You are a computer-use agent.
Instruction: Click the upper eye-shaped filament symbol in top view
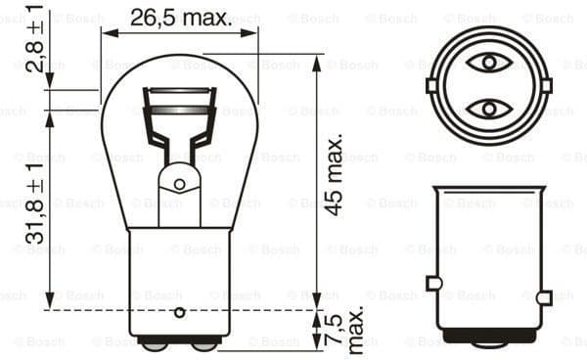[486, 64]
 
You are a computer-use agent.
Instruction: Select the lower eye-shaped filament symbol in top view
[486, 108]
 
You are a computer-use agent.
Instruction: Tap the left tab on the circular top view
[430, 85]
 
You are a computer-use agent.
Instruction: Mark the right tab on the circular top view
[543, 85]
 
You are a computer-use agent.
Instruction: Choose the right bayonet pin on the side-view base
[544, 296]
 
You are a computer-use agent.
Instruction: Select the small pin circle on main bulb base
[179, 313]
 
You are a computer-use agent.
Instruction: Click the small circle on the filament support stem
[179, 184]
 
